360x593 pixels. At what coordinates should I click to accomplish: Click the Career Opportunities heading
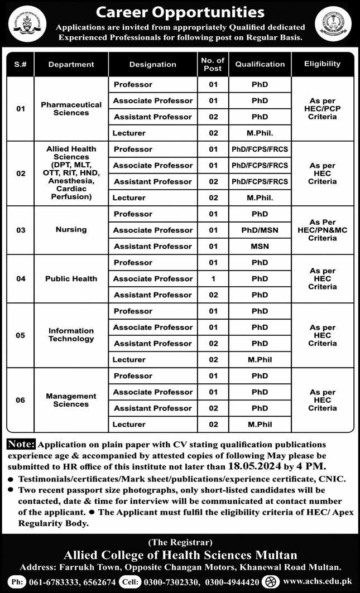179,11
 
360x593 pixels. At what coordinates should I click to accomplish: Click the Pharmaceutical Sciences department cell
71,108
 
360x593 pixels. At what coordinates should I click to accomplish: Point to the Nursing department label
71,229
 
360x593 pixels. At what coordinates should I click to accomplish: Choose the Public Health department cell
71,278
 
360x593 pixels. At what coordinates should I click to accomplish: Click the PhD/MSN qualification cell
260,230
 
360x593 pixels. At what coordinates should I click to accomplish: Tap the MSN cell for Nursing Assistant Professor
260,246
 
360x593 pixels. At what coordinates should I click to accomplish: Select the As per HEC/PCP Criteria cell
322,108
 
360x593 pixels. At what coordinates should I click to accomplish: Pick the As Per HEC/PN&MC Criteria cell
322,230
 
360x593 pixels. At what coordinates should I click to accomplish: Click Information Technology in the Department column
71,335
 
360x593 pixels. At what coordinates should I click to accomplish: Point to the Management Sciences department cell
71,400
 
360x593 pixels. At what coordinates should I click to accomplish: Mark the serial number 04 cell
21,278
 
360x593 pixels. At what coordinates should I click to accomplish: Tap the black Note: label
21,445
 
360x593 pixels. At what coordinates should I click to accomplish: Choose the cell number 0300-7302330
188,581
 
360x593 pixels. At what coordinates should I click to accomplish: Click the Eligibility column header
322,64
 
